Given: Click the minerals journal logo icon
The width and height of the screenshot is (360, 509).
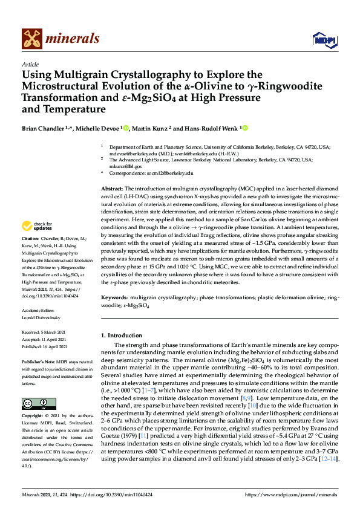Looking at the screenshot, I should click(33, 39).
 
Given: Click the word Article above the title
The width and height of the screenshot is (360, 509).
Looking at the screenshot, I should click(30, 63).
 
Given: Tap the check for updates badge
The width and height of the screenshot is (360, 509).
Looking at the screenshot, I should click(34, 227).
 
